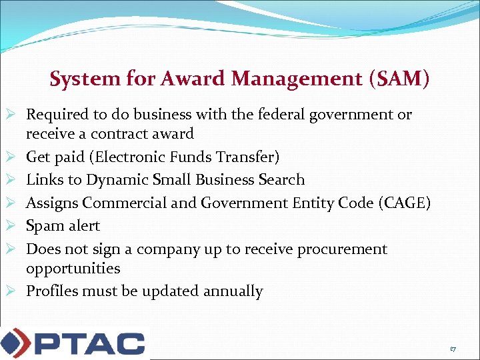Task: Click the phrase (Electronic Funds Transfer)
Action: tap(187, 157)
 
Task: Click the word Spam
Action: tap(43, 226)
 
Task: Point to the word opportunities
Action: tap(73, 269)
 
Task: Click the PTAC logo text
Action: tap(90, 343)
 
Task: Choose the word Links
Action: tap(43, 180)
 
